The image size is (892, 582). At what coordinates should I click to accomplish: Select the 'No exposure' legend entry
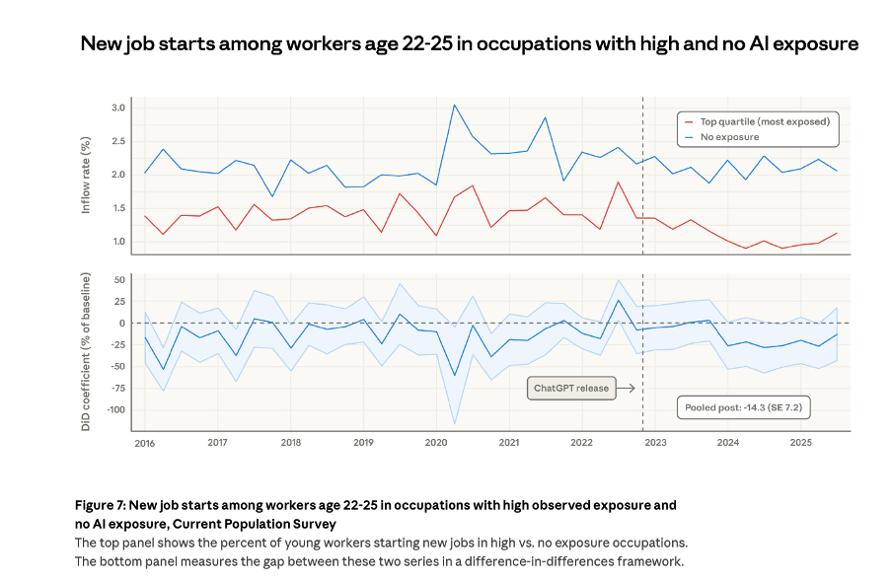[x=731, y=137]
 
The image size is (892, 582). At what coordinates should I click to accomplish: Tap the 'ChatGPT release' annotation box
[x=572, y=388]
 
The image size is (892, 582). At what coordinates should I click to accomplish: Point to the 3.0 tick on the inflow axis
[x=117, y=108]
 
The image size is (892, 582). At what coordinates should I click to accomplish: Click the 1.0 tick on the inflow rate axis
[x=117, y=242]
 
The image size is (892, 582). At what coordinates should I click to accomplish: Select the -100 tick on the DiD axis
[x=113, y=409]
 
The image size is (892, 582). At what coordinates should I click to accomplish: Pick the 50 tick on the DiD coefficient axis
[x=118, y=280]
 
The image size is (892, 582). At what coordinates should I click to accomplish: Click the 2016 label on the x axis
[x=144, y=444]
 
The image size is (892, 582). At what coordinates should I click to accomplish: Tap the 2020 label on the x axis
[x=436, y=444]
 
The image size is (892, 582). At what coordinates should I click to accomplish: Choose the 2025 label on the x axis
[x=800, y=444]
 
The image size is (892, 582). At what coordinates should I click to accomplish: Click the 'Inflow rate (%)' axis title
[x=86, y=176]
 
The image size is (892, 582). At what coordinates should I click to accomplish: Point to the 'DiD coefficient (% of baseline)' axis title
[x=86, y=351]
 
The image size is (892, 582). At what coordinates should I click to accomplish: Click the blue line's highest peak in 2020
[x=454, y=105]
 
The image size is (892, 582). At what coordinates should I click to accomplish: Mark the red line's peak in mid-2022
[x=618, y=182]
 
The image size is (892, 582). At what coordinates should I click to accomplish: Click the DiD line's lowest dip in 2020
[x=454, y=376]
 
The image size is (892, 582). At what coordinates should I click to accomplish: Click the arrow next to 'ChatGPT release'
[x=625, y=388]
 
